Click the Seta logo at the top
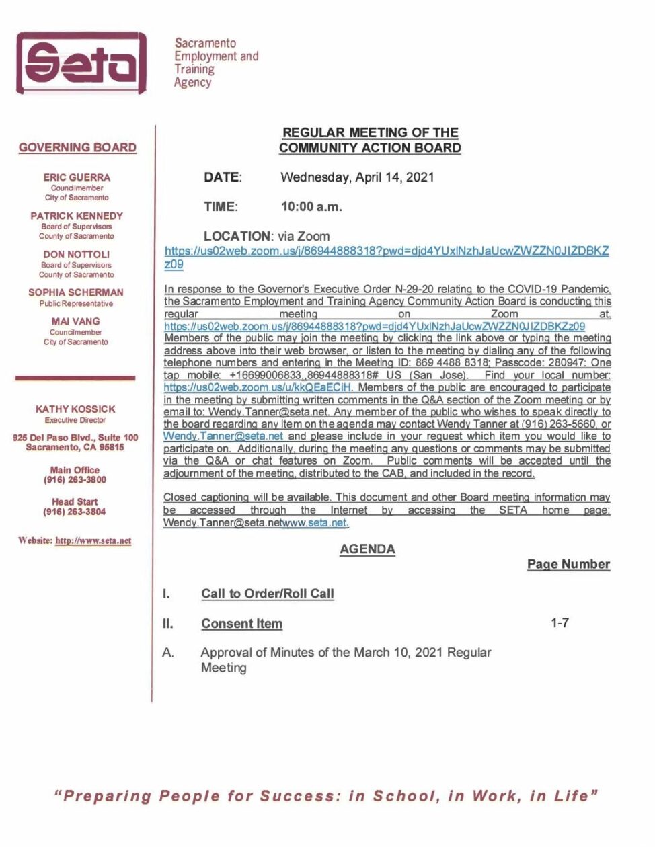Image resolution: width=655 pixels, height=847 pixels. (x=81, y=63)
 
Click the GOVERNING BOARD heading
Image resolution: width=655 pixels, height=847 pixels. (x=77, y=147)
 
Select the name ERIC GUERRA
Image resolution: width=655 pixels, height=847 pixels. (x=77, y=177)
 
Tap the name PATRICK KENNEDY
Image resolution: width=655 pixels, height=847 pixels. (x=77, y=216)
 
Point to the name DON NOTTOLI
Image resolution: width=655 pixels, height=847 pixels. (x=77, y=254)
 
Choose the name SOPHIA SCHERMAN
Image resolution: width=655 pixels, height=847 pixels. (x=76, y=292)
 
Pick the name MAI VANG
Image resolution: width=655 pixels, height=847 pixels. (x=76, y=321)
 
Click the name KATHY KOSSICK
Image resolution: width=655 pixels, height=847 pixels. (x=75, y=409)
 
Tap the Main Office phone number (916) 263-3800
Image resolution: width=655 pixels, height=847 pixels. (x=75, y=480)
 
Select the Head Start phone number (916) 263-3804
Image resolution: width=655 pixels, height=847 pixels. (x=75, y=512)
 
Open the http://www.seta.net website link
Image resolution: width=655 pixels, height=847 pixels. (x=93, y=540)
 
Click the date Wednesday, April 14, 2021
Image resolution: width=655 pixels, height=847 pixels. (x=357, y=177)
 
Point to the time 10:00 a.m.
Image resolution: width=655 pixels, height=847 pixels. (x=311, y=206)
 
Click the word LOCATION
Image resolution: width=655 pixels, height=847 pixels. (x=237, y=236)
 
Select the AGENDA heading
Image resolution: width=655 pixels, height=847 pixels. (x=367, y=549)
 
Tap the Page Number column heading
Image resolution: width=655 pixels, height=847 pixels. (x=568, y=564)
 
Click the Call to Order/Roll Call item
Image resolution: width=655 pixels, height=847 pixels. (x=268, y=594)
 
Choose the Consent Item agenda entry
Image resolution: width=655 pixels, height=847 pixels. (x=242, y=624)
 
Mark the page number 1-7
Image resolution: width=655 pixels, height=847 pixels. (x=560, y=623)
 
